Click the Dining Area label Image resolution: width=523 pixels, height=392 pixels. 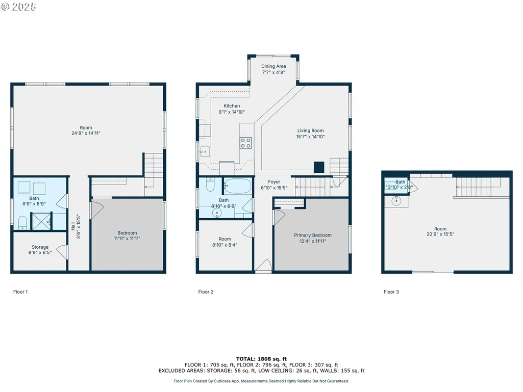click(273, 66)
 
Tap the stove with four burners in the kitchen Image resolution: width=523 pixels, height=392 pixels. click(246, 143)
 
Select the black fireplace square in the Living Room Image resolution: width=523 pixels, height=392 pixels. click(319, 167)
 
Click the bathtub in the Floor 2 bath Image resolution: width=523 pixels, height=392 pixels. click(237, 186)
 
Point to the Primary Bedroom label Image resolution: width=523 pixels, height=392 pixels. click(313, 236)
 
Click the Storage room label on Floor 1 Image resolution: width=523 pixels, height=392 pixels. click(40, 247)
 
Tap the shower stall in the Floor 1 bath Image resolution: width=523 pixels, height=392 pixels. click(42, 221)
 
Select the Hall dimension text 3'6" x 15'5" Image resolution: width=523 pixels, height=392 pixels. click(79, 227)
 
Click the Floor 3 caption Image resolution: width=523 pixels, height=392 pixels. click(391, 292)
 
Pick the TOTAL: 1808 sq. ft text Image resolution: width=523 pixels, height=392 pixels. click(261, 359)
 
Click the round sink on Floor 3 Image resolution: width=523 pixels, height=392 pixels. click(396, 201)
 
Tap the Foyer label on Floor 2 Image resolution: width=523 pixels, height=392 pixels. click(274, 181)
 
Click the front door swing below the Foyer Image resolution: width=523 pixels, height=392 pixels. click(263, 266)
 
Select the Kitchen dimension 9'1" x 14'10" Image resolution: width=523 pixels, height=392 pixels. click(232, 112)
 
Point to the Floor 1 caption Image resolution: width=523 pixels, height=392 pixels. click(20, 292)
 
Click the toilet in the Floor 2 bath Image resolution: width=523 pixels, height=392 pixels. click(210, 185)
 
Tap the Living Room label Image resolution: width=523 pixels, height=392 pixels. click(311, 130)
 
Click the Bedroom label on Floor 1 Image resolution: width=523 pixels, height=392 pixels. click(127, 233)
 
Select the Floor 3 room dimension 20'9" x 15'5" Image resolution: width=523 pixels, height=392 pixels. click(440, 234)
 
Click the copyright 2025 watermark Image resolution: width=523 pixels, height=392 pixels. click(19, 7)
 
